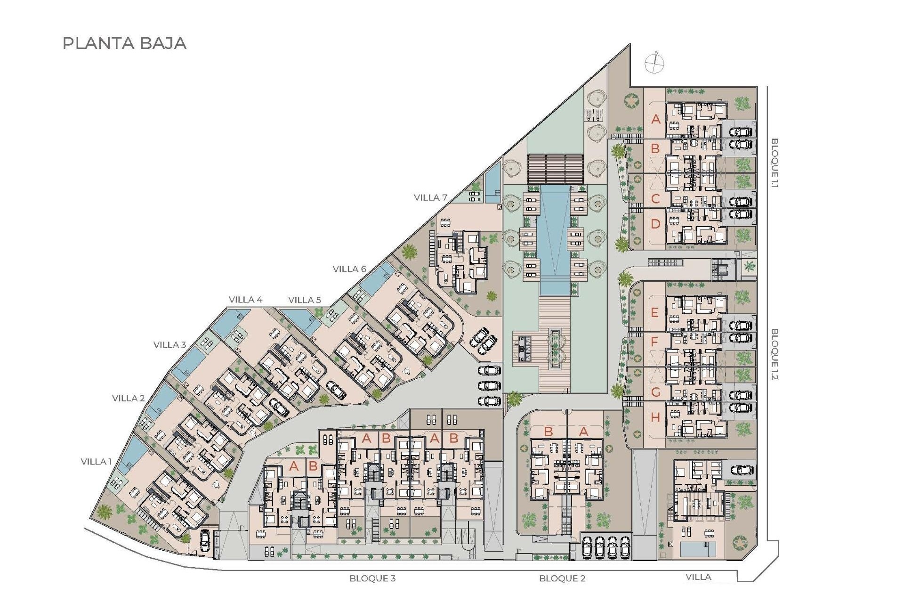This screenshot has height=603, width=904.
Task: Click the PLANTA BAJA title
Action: pyautogui.click(x=125, y=43)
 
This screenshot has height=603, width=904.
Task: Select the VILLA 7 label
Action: pyautogui.click(x=430, y=198)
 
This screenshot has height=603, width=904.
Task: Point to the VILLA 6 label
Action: pyautogui.click(x=349, y=269)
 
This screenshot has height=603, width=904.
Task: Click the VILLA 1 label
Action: pyautogui.click(x=96, y=462)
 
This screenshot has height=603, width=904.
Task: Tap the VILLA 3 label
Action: pyautogui.click(x=169, y=345)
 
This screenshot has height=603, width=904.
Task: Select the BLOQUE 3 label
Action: pyautogui.click(x=372, y=579)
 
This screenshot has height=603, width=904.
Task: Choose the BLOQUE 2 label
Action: pyautogui.click(x=562, y=579)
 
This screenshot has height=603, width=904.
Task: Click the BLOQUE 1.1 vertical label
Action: pyautogui.click(x=775, y=163)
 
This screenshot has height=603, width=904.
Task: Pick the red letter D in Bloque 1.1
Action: pyautogui.click(x=655, y=224)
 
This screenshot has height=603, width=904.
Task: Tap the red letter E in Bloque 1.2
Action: pyautogui.click(x=654, y=313)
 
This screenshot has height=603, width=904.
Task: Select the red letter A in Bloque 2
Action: pyautogui.click(x=583, y=432)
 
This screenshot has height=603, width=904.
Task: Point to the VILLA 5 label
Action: pyautogui.click(x=305, y=300)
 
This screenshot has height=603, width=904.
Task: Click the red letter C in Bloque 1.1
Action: pyautogui.click(x=655, y=198)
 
